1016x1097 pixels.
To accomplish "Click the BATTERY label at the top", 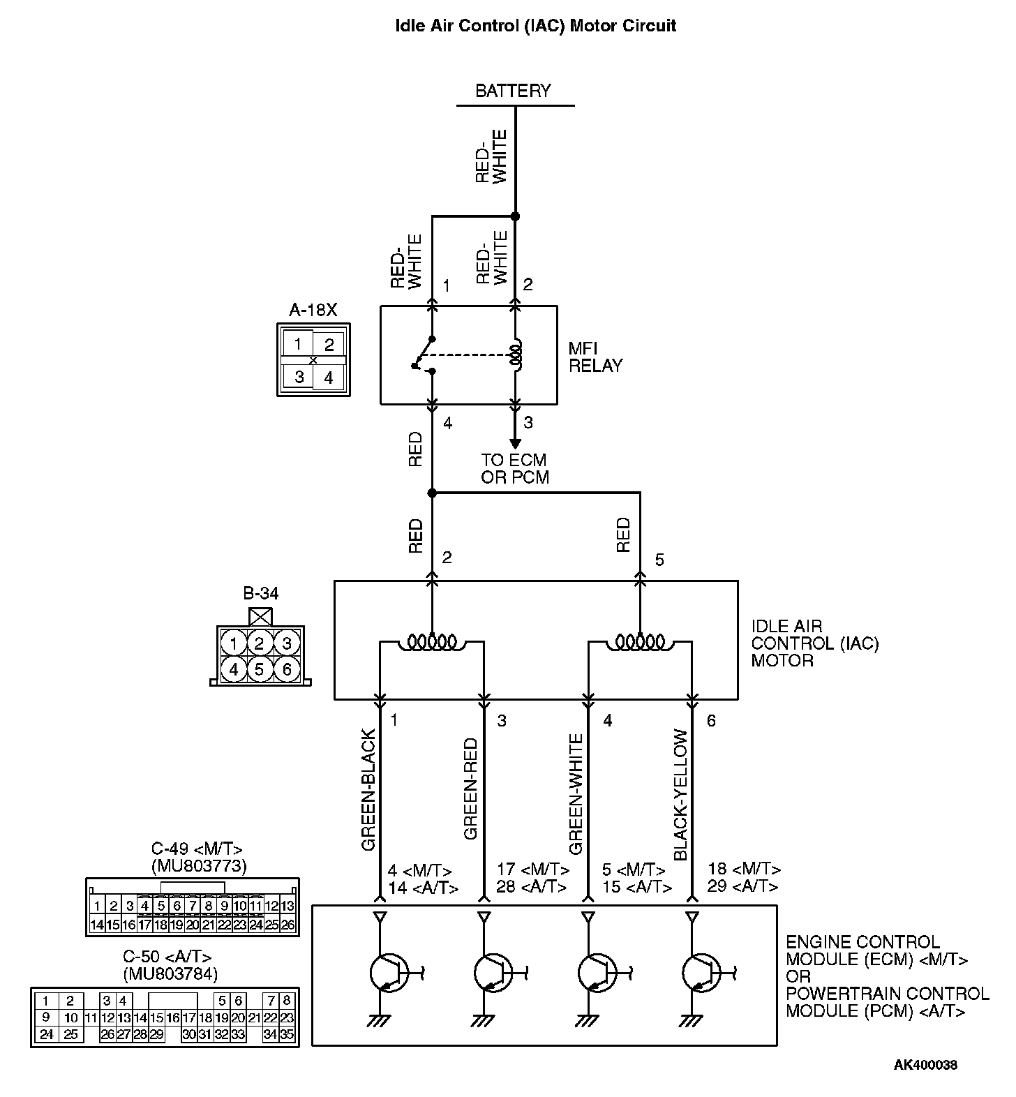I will tap(513, 91).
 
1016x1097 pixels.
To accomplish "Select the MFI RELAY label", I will tap(595, 357).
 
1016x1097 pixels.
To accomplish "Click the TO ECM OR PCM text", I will tap(514, 469).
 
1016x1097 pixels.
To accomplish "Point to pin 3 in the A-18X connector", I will tap(299, 378).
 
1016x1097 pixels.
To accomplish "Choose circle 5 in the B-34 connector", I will tap(259, 670).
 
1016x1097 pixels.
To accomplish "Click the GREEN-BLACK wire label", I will tap(369, 790).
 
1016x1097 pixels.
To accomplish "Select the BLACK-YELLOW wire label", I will tap(681, 795).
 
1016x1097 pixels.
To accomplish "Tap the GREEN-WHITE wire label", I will tap(576, 794).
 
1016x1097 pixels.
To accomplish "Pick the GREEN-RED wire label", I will tap(471, 789).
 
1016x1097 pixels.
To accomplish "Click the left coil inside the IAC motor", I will tap(432, 641).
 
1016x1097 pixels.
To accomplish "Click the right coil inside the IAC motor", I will tap(640, 641).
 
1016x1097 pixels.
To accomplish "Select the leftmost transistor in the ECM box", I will tap(388, 971).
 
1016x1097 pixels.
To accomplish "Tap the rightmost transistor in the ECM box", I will tap(701, 971).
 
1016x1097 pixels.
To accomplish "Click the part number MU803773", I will tap(198, 867).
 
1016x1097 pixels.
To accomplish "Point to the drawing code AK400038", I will tap(925, 1065).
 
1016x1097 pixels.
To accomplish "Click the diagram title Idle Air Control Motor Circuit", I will tap(535, 27).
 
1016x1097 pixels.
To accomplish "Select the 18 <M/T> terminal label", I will tap(743, 870).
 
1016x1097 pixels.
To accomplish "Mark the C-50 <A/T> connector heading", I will tap(167, 957).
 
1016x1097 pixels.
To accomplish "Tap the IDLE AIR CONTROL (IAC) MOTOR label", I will tap(814, 643).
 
